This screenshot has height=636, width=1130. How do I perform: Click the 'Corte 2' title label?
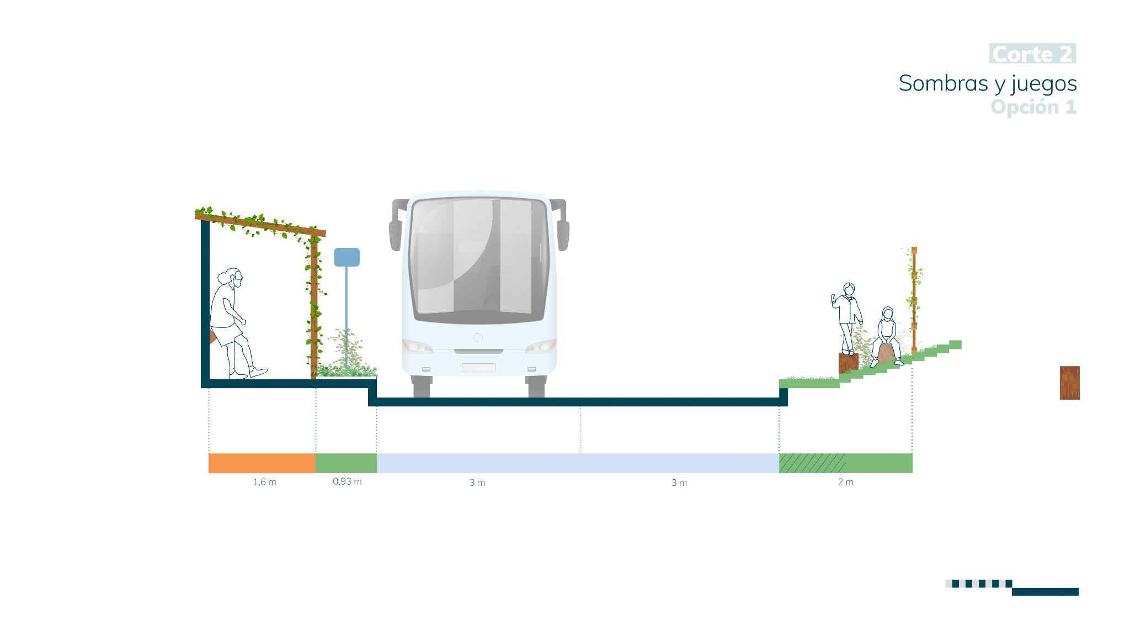1032,54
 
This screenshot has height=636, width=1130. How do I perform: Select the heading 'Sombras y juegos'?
988,83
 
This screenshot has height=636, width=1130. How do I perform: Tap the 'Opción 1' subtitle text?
1033,107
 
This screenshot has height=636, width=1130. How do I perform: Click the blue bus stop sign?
347,257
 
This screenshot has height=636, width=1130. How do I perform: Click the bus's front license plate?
478,368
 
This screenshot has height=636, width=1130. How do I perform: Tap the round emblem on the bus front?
478,337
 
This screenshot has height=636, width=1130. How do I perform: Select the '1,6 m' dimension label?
265,482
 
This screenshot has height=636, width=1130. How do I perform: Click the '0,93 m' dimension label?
347,481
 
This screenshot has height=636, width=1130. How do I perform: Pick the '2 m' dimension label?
845,482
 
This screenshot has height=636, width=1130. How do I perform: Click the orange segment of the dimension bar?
262,463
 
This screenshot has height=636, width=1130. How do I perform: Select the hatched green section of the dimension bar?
812,463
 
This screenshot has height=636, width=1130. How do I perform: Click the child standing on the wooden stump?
847,315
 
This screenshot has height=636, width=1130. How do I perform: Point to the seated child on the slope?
887,334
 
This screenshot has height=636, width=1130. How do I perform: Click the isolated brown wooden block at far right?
1069,383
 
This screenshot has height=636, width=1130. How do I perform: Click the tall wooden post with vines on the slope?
914,298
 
